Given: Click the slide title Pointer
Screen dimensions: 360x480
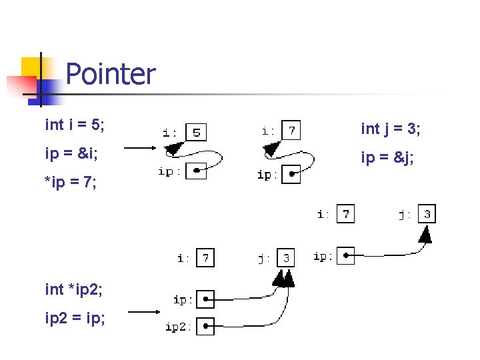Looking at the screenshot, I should click(111, 74).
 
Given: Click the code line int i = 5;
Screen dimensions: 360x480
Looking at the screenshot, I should click(74, 125).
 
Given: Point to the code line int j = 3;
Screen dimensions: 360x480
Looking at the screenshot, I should click(390, 129).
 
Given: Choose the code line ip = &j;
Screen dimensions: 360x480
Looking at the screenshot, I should click(387, 158).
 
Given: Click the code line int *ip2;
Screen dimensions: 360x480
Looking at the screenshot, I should click(73, 289).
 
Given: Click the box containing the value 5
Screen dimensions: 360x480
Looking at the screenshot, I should click(196, 132).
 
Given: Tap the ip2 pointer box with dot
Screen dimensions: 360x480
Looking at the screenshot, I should click(206, 326).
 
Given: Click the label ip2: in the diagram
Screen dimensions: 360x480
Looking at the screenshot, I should click(179, 327).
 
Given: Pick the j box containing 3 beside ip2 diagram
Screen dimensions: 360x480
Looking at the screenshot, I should click(286, 257).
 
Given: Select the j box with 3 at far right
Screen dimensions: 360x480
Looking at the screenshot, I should click(427, 214).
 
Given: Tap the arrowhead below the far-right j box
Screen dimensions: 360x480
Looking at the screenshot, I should click(426, 234).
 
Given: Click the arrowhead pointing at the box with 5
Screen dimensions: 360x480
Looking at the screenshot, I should click(173, 148).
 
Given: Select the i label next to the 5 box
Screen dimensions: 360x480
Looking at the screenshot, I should click(170, 132).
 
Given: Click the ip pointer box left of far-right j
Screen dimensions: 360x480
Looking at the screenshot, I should click(345, 256).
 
